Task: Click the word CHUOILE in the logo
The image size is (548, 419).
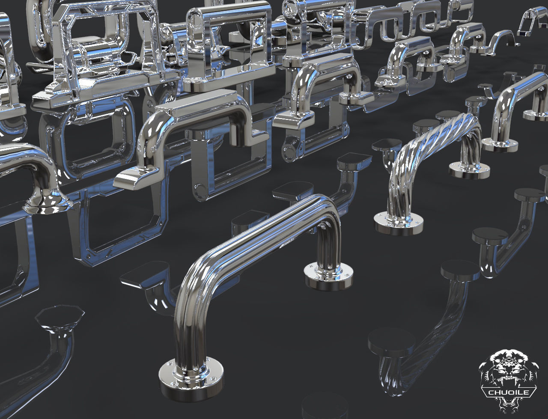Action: click(509, 392)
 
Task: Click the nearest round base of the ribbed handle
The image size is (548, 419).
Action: click(192, 379)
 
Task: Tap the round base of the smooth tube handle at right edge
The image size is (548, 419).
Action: click(499, 144)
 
